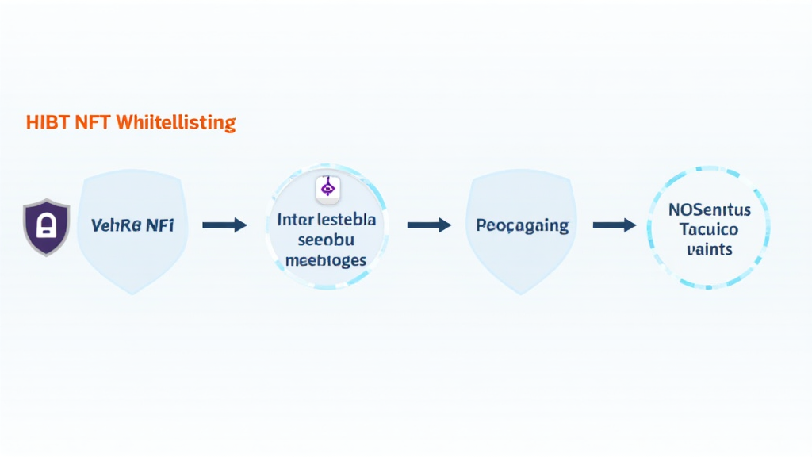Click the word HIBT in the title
tap(47, 123)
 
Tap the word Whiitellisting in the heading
tap(176, 123)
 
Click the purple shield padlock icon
tap(46, 227)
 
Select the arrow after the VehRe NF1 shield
tap(224, 226)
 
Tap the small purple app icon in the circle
tap(326, 187)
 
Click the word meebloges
tap(325, 259)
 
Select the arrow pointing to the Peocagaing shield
tap(428, 226)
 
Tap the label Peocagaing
tap(523, 225)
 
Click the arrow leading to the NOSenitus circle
tap(615, 226)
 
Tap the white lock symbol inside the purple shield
tap(46, 227)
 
